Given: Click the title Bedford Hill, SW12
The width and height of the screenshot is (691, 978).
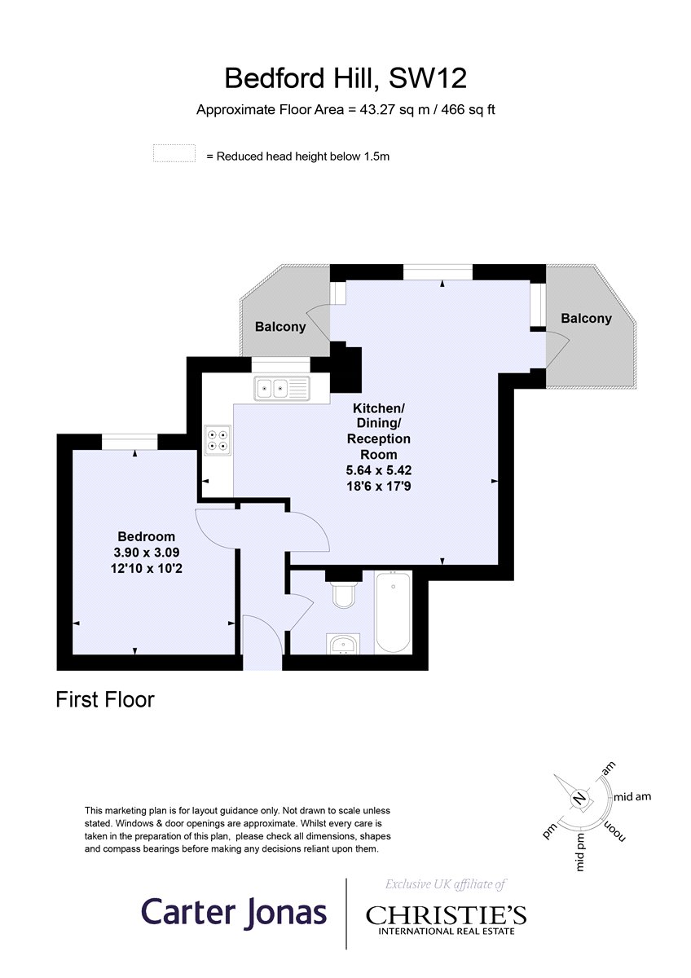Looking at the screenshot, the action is pyautogui.click(x=345, y=78).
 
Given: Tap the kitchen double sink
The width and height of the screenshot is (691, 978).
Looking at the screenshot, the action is pyautogui.click(x=282, y=388).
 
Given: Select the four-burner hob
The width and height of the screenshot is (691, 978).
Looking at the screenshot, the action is pyautogui.click(x=218, y=440).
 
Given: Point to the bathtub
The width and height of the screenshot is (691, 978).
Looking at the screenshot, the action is pyautogui.click(x=393, y=612).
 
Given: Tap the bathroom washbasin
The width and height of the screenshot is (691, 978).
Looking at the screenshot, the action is pyautogui.click(x=343, y=644).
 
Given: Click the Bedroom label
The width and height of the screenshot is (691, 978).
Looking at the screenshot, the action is pyautogui.click(x=146, y=536).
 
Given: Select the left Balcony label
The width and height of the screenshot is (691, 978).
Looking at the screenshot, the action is pyautogui.click(x=280, y=327).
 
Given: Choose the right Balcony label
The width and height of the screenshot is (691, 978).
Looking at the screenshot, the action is pyautogui.click(x=586, y=319).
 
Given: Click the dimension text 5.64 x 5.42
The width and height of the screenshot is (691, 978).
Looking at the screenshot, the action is pyautogui.click(x=379, y=470).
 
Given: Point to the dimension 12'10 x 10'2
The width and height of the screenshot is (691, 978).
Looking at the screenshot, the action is pyautogui.click(x=146, y=569).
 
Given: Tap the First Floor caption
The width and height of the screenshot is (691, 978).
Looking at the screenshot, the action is pyautogui.click(x=105, y=699).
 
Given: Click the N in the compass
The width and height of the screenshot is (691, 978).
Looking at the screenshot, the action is pyautogui.click(x=579, y=798).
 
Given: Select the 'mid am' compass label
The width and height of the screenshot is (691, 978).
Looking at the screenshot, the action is pyautogui.click(x=632, y=797).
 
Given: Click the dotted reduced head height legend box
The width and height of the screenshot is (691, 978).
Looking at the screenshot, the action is pyautogui.click(x=174, y=153).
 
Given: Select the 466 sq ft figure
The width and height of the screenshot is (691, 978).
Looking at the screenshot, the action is pyautogui.click(x=468, y=109).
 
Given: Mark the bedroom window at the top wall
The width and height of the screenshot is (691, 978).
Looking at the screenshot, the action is pyautogui.click(x=130, y=442).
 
